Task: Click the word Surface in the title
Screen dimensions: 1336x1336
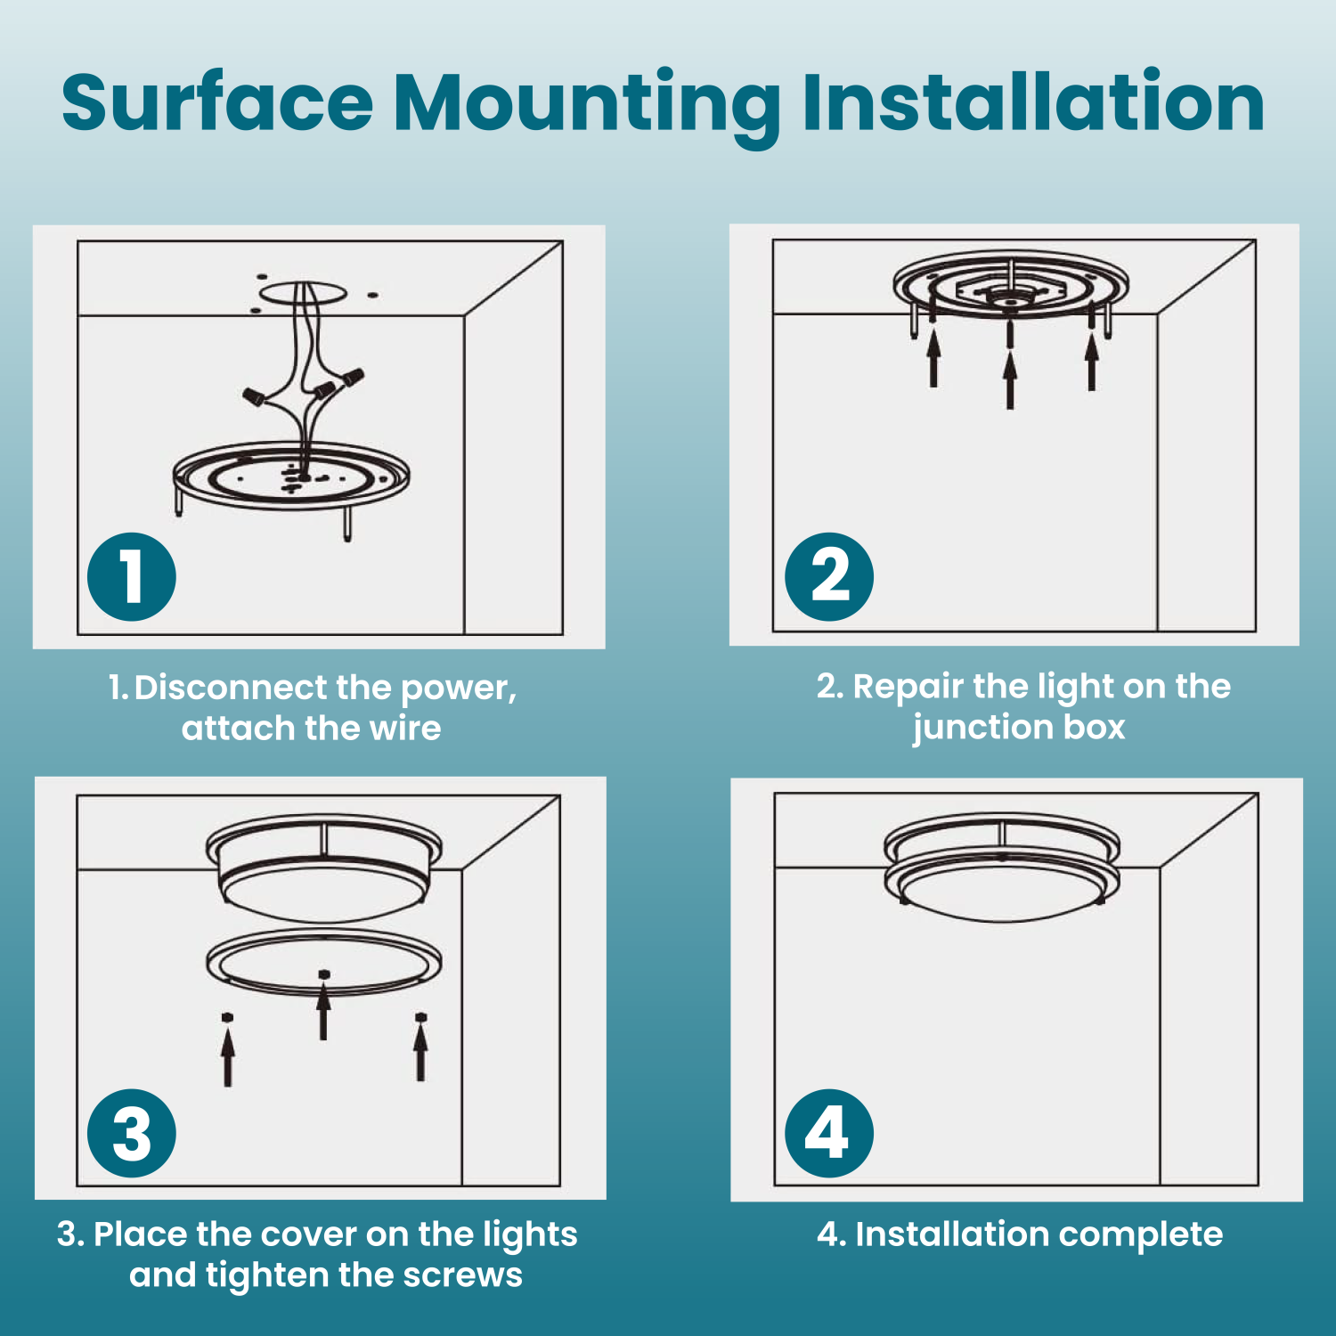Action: click(217, 102)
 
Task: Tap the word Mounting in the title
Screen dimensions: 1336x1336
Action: click(587, 108)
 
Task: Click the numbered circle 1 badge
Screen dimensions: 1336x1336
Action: click(132, 576)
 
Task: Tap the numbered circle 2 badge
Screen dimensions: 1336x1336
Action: click(829, 576)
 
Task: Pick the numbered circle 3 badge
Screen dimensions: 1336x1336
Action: click(132, 1133)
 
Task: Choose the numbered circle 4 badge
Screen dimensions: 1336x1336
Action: click(829, 1133)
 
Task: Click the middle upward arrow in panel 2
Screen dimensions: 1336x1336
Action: click(1009, 379)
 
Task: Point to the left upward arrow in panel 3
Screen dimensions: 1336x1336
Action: click(228, 1056)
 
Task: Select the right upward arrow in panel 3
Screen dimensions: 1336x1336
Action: click(420, 1052)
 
